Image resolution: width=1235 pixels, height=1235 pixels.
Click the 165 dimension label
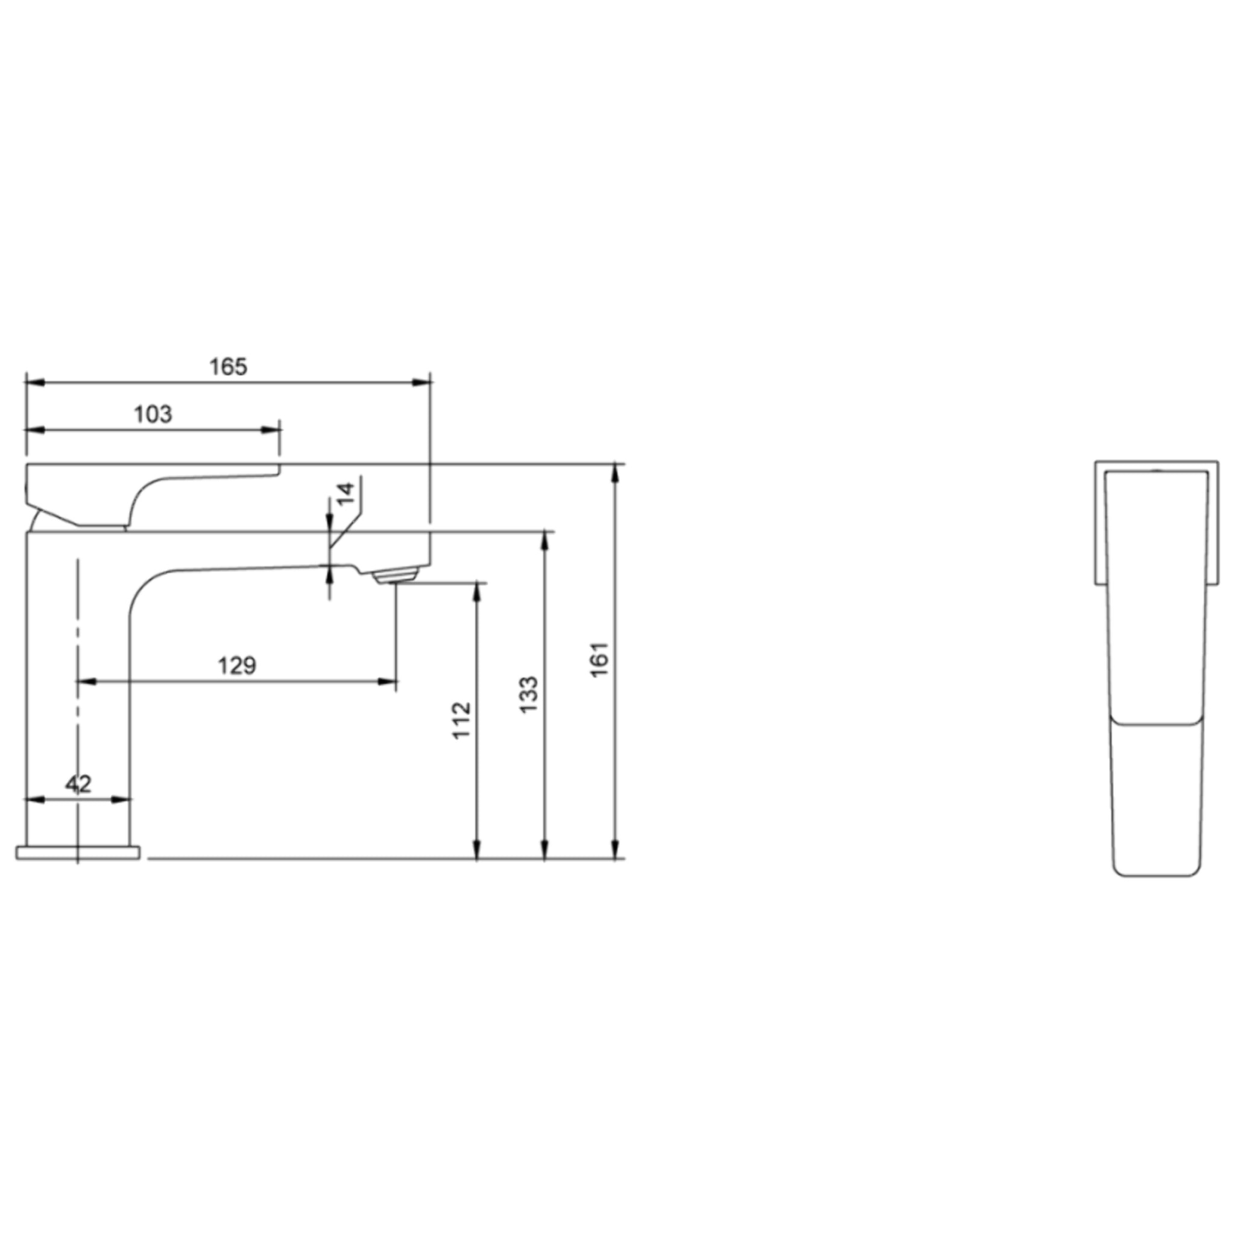pos(228,367)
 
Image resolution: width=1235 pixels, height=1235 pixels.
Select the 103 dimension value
pos(153,414)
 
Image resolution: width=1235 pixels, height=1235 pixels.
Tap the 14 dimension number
pos(345,493)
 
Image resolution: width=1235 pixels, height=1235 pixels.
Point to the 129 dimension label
pos(237,666)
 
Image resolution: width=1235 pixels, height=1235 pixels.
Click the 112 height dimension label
pos(461,721)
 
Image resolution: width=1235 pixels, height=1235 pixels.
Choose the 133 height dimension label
pos(529,695)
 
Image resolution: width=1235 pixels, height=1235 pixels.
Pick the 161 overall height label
pos(600,659)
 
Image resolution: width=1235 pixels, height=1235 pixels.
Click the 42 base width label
pos(78,784)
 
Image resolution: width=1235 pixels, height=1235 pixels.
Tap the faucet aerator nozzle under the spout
pos(395,577)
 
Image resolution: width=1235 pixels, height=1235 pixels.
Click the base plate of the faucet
pos(77,852)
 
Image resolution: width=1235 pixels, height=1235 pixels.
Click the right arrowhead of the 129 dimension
pos(387,682)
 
